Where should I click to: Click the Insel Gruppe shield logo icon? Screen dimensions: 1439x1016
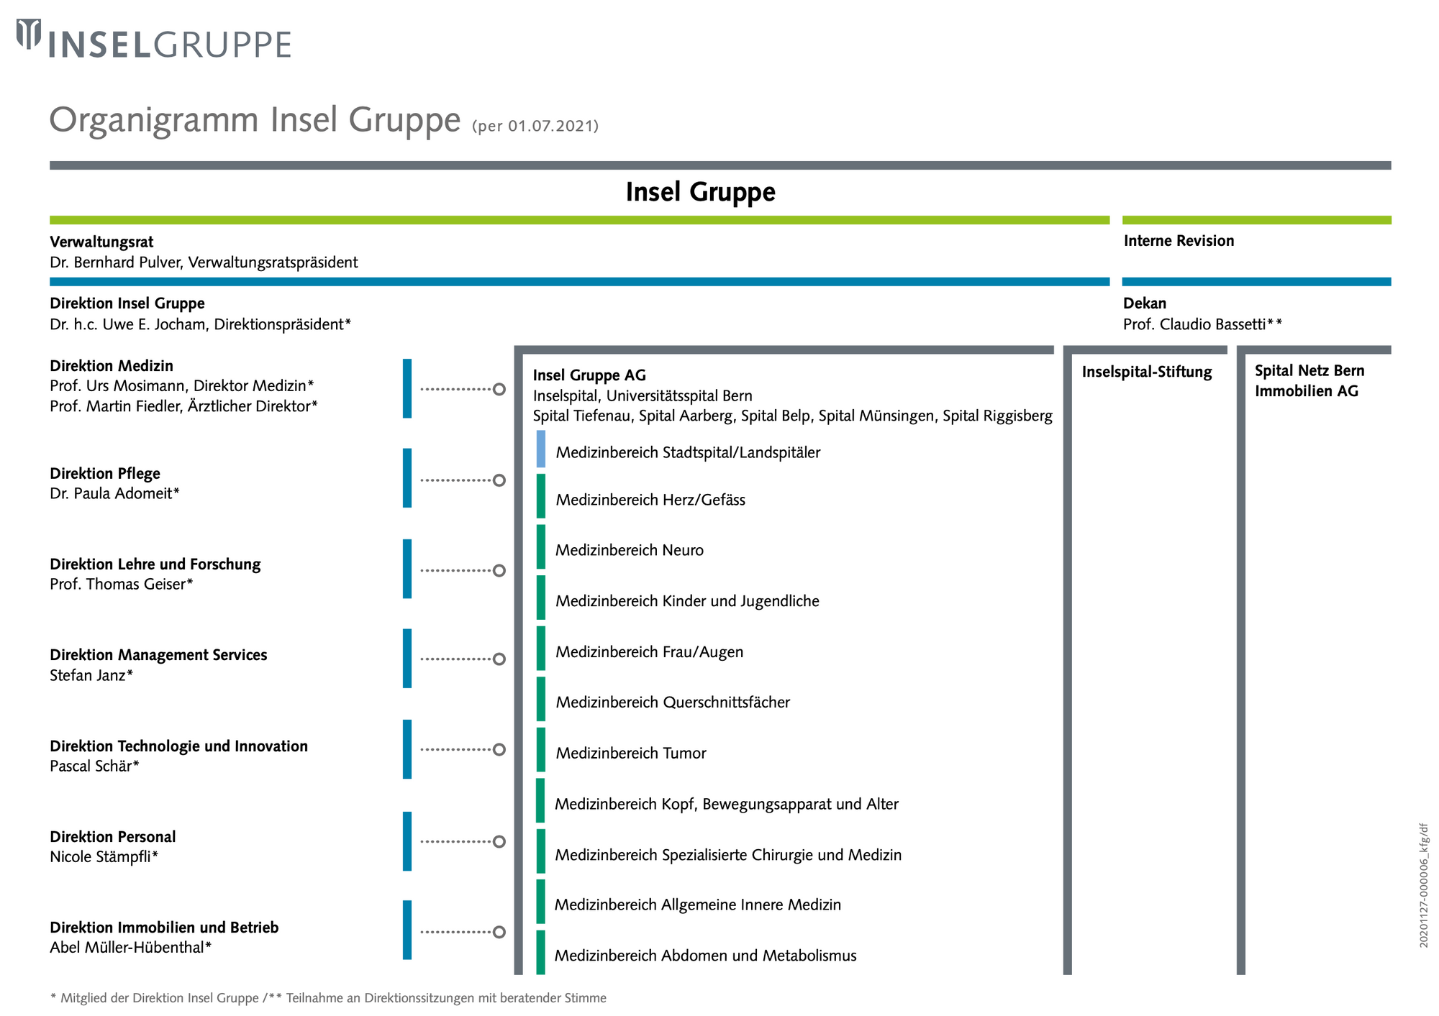(29, 35)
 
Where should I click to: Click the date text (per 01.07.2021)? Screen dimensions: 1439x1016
(535, 127)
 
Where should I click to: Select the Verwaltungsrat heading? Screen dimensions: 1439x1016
(101, 242)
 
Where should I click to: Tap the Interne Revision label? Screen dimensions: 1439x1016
(1179, 241)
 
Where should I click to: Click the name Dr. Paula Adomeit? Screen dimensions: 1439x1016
(111, 493)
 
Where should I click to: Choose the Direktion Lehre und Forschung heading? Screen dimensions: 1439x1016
(155, 564)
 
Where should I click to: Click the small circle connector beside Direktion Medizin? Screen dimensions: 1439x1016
(499, 389)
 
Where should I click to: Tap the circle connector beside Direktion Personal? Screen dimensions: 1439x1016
(499, 841)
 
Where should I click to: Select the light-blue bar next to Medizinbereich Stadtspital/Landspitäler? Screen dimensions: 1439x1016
(541, 449)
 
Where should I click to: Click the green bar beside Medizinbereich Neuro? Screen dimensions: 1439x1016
(541, 547)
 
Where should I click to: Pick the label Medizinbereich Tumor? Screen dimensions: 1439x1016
(631, 753)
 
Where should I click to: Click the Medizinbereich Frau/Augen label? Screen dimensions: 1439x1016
(650, 652)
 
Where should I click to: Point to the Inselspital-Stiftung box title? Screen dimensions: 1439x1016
(1147, 372)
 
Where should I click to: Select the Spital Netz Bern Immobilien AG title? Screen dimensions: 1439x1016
(1309, 381)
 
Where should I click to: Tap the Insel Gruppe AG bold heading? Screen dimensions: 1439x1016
(589, 375)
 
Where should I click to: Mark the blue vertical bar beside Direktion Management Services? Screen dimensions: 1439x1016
(407, 659)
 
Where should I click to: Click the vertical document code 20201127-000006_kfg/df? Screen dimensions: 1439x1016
(1424, 886)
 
